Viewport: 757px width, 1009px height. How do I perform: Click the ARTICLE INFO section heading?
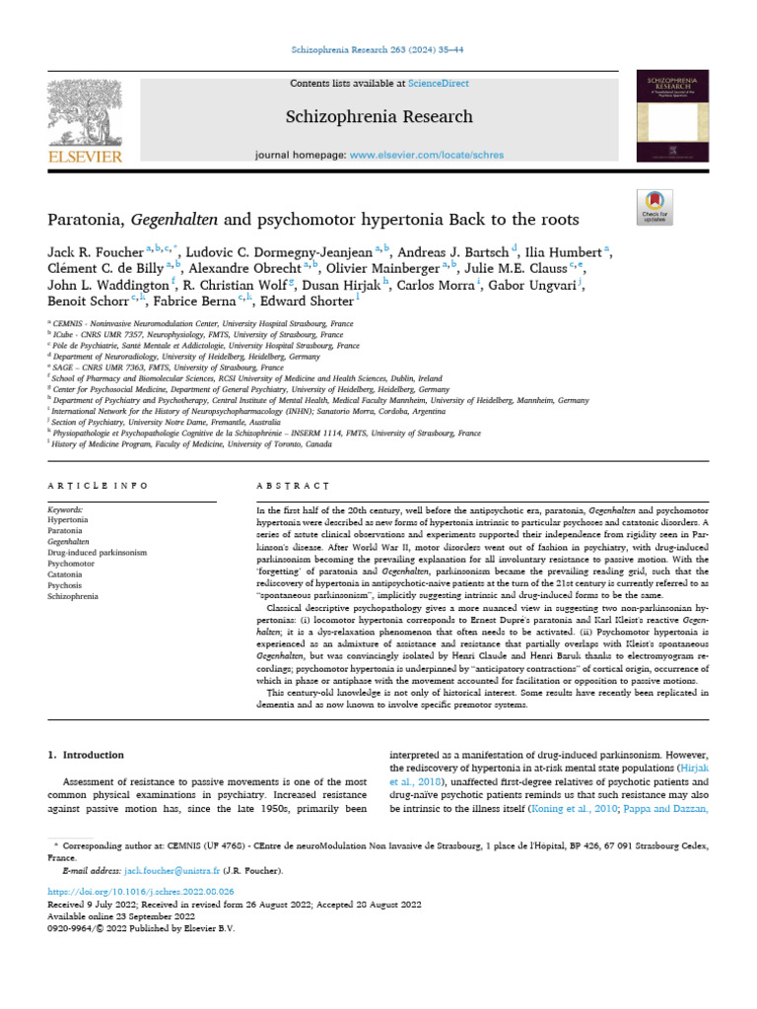click(x=99, y=486)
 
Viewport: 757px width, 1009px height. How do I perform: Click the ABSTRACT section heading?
click(x=292, y=486)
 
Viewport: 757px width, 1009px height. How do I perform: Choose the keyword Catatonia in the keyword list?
click(x=66, y=573)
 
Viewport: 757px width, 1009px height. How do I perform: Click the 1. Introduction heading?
click(x=87, y=755)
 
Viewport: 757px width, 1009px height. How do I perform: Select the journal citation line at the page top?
click(x=378, y=49)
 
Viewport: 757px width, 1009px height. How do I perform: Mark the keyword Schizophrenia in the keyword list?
click(x=73, y=595)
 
